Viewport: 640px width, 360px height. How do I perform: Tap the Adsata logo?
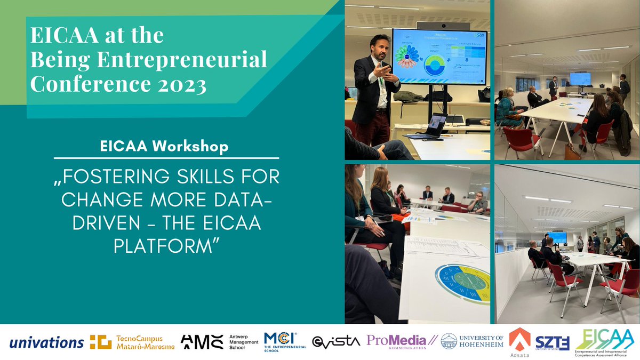[x=519, y=341]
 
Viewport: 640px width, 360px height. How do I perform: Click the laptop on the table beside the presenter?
[x=432, y=126]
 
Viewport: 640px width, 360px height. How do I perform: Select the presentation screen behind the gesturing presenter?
[x=439, y=57]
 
